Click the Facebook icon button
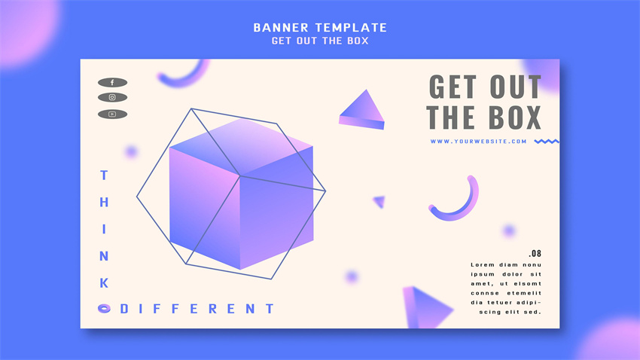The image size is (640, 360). tap(112, 82)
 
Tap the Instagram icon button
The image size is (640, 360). tap(112, 97)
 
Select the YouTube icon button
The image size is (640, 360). tap(112, 114)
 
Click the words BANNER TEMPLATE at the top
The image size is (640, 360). tap(320, 28)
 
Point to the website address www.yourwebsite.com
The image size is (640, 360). tap(478, 142)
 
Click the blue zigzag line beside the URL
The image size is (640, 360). tap(547, 142)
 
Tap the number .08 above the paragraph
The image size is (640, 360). tap(535, 254)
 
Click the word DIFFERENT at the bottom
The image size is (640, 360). tap(197, 309)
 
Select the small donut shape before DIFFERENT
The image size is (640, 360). tap(104, 309)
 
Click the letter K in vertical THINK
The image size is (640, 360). tap(104, 283)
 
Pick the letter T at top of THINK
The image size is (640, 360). tap(104, 175)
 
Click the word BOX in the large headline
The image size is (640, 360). tap(515, 118)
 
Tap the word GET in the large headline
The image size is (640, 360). tap(453, 87)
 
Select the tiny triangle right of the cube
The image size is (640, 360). tap(379, 202)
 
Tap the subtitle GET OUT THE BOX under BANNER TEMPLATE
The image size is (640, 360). tap(320, 41)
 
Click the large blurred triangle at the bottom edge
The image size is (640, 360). tap(425, 308)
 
